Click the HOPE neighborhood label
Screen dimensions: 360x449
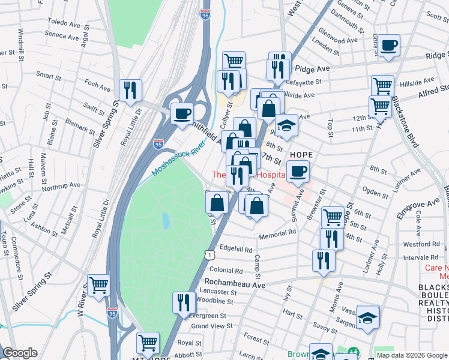(x=301, y=155)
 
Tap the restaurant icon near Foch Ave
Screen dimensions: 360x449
(x=130, y=91)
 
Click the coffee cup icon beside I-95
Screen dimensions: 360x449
(x=182, y=113)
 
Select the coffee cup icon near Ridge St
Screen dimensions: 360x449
(x=388, y=45)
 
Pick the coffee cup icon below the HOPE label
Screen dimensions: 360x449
(x=297, y=172)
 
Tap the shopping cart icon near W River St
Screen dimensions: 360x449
(x=99, y=286)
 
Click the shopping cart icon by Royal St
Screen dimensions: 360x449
(x=148, y=343)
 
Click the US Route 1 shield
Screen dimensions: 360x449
(x=207, y=255)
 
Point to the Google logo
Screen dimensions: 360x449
(x=21, y=352)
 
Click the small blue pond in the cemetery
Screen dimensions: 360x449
(x=165, y=221)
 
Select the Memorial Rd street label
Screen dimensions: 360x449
(x=277, y=233)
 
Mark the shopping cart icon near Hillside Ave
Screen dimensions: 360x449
(x=382, y=86)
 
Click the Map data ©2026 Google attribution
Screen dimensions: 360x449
(x=411, y=355)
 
